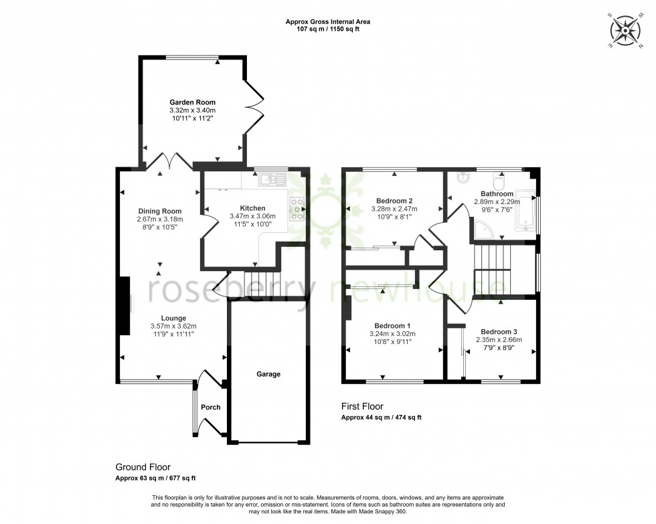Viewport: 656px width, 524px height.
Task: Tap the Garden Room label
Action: (x=192, y=102)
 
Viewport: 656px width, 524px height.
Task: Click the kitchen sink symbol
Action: (x=273, y=179)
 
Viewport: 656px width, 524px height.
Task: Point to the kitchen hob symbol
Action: (x=297, y=209)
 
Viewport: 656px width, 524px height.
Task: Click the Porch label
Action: (x=211, y=407)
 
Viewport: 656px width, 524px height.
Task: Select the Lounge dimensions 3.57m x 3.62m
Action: (x=173, y=326)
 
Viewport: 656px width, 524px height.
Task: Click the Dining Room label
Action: (x=160, y=211)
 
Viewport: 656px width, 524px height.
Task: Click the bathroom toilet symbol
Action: (x=498, y=181)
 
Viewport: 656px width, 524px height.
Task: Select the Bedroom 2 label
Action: (x=394, y=201)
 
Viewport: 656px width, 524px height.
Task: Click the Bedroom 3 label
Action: (x=499, y=331)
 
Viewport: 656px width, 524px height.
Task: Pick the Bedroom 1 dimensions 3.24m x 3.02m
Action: (x=393, y=333)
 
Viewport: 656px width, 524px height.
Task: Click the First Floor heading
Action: (x=363, y=406)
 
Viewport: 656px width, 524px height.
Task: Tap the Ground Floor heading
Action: (x=143, y=467)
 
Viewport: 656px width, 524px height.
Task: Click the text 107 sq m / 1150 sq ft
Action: (x=328, y=29)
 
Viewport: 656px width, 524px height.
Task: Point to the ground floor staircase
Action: (x=260, y=278)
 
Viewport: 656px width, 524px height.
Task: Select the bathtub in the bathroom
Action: (x=527, y=210)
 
